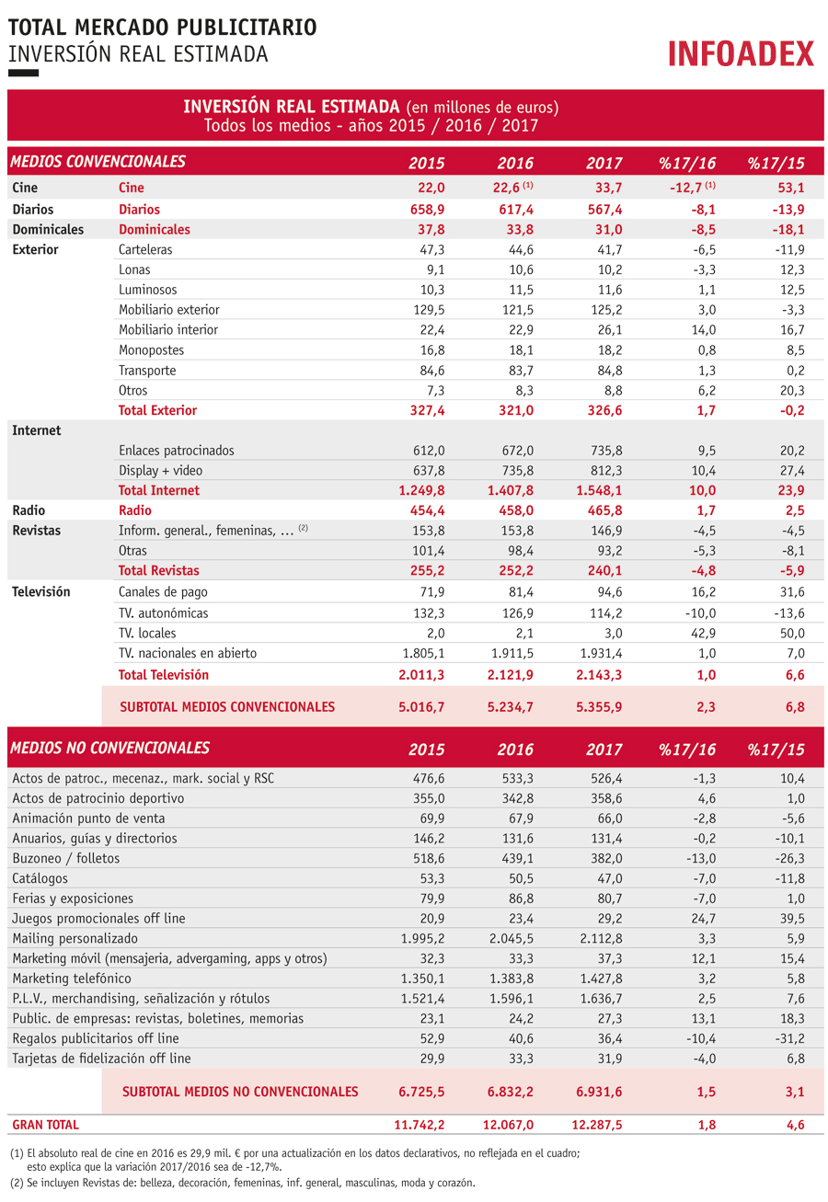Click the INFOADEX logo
(x=741, y=53)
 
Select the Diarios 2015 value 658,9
(x=427, y=210)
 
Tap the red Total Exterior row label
(x=157, y=410)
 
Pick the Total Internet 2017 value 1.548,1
(x=599, y=490)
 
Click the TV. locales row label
(x=147, y=634)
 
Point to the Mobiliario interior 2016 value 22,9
(x=521, y=330)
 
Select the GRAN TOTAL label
(x=46, y=1125)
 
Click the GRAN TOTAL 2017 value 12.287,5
(x=596, y=1125)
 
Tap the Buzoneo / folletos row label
(x=66, y=859)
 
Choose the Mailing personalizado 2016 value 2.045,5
(x=512, y=939)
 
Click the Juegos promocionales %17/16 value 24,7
(x=704, y=919)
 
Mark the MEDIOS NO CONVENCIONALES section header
(x=110, y=748)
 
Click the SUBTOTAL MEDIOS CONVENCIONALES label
(x=227, y=707)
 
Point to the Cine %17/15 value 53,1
(x=792, y=188)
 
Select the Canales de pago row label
(x=163, y=592)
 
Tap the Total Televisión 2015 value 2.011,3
(x=421, y=675)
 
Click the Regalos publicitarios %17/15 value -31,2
(x=790, y=1039)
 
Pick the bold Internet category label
(x=37, y=431)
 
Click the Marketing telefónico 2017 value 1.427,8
(x=601, y=979)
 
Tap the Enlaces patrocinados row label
(x=176, y=451)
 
